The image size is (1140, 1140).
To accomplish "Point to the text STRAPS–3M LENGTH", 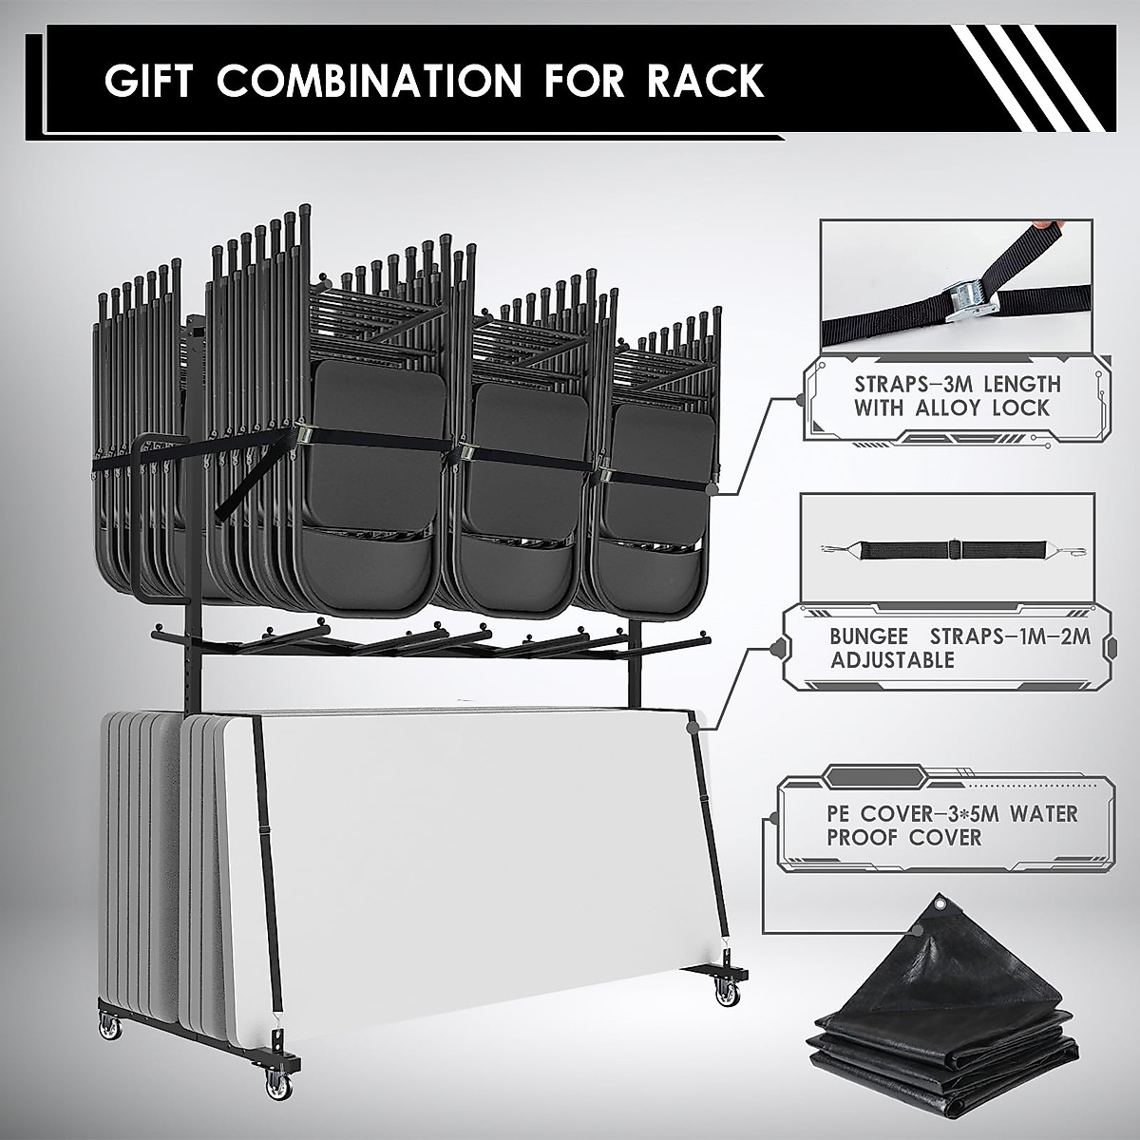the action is click(x=957, y=386).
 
